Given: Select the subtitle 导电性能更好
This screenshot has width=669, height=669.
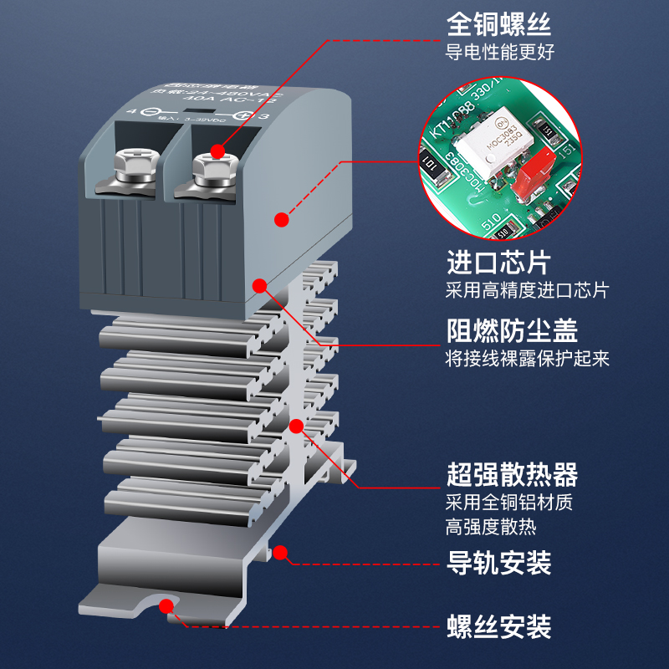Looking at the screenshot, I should [x=499, y=52].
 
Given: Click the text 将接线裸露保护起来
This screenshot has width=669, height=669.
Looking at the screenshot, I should [x=527, y=359].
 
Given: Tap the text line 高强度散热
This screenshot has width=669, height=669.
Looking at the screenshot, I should [x=491, y=527].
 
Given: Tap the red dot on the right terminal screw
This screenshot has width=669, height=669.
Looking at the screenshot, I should [x=218, y=151].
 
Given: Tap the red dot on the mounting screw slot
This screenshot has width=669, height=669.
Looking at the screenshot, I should [x=168, y=604].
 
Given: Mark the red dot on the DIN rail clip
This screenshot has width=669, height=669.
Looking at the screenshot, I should [x=281, y=552].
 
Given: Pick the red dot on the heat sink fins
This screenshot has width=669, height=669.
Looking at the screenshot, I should [x=294, y=426].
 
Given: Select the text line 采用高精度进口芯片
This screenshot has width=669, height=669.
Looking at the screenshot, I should [x=527, y=291].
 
